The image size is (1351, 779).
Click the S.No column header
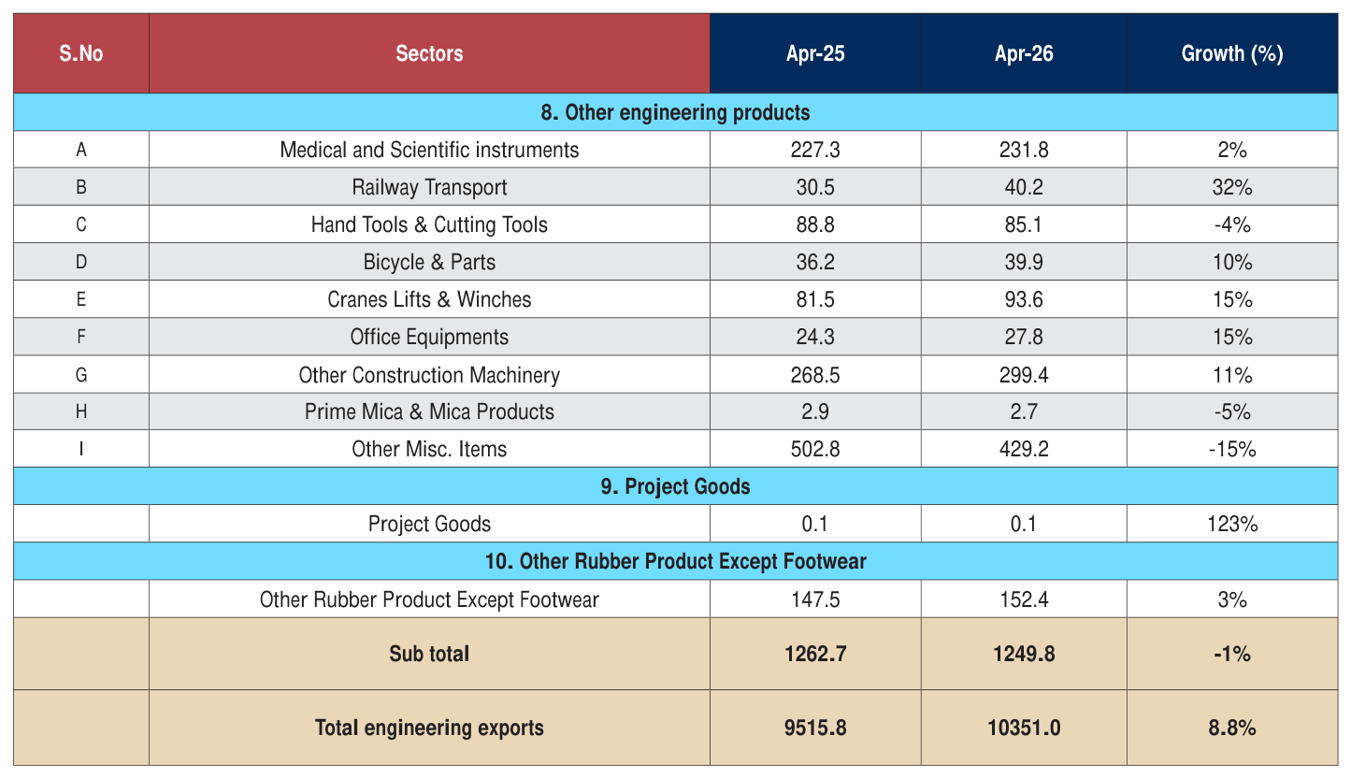pyautogui.click(x=80, y=53)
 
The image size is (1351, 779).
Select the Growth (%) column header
pyautogui.click(x=1231, y=53)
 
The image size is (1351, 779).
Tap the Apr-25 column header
pyautogui.click(x=815, y=53)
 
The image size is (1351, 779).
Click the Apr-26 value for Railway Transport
pyautogui.click(x=1024, y=187)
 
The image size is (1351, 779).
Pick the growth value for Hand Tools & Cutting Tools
pyautogui.click(x=1231, y=224)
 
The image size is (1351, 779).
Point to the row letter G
pyautogui.click(x=80, y=375)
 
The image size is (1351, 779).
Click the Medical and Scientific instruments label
pyautogui.click(x=429, y=150)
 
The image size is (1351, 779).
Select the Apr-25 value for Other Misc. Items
pyautogui.click(x=815, y=449)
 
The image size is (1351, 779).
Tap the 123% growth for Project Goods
pyautogui.click(x=1231, y=524)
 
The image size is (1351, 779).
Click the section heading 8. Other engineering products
pyautogui.click(x=675, y=112)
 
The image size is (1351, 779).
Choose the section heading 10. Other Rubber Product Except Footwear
pyautogui.click(x=675, y=561)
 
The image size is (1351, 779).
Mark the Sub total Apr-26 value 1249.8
pyautogui.click(x=1024, y=654)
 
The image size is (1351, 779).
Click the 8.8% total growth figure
pyautogui.click(x=1231, y=728)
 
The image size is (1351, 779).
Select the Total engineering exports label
pyautogui.click(x=429, y=728)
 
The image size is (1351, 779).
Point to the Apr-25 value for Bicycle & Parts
pyautogui.click(x=815, y=262)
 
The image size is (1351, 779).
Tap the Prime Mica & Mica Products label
pyautogui.click(x=429, y=411)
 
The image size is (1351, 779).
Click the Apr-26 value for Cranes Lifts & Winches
pyautogui.click(x=1024, y=299)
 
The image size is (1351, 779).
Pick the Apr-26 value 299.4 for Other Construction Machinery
pyautogui.click(x=1024, y=375)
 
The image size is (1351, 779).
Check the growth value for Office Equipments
pyautogui.click(x=1231, y=337)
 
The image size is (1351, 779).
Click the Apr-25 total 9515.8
pyautogui.click(x=815, y=728)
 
